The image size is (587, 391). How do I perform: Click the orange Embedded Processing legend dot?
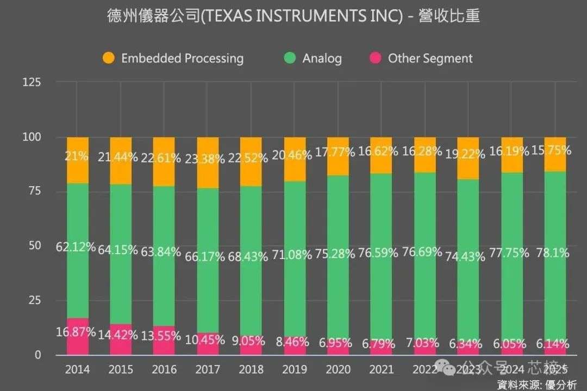[109, 58]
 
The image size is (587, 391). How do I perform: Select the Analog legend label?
[322, 58]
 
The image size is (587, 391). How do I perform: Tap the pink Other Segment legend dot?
[376, 58]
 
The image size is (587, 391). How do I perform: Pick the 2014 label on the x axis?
[77, 370]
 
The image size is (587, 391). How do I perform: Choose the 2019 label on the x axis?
[295, 370]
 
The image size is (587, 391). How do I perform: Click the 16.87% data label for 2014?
[76, 332]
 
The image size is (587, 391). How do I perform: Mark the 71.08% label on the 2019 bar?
[295, 254]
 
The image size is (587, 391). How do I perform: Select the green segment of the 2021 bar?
[381, 217]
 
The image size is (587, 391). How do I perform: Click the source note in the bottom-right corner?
[538, 384]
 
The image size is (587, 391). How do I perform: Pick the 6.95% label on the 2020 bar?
[338, 342]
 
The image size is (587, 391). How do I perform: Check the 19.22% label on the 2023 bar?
[468, 155]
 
